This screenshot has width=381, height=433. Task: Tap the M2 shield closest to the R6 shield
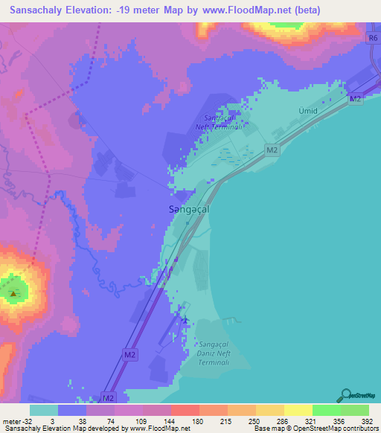[x=355, y=98]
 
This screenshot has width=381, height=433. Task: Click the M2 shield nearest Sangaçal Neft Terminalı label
[x=272, y=150]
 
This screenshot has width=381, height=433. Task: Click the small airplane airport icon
[x=185, y=321]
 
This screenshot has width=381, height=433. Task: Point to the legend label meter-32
[x=15, y=420]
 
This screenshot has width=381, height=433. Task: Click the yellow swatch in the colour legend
[x=298, y=410]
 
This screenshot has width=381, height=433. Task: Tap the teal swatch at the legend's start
[x=44, y=410]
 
